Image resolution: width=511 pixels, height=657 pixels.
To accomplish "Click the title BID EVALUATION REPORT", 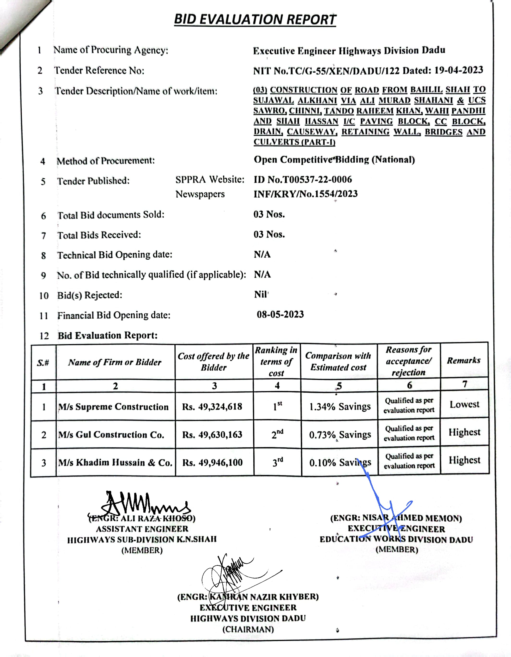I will [x=255, y=19].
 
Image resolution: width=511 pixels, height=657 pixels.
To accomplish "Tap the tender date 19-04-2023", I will [x=459, y=70].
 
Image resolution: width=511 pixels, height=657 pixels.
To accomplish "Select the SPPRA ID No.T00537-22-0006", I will [x=303, y=180].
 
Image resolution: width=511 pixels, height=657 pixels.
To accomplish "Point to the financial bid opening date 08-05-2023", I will [x=280, y=314].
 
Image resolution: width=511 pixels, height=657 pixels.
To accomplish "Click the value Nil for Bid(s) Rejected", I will [x=261, y=294].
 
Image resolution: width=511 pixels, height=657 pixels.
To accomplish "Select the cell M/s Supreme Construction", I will [x=113, y=407].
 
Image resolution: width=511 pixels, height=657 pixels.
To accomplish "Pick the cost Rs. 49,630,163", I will [x=212, y=435].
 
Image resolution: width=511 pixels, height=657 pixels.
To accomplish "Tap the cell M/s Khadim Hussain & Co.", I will [x=115, y=462].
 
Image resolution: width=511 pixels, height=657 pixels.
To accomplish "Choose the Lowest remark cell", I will [x=464, y=405].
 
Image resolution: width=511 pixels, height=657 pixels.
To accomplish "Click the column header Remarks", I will [x=463, y=360].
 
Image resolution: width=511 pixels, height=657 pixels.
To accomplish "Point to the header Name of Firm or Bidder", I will [x=115, y=362].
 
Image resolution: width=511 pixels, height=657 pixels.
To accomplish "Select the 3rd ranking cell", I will [x=277, y=462].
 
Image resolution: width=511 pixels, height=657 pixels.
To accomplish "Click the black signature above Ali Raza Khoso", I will [x=141, y=504].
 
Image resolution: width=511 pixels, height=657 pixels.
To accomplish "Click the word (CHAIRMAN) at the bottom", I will [x=248, y=629].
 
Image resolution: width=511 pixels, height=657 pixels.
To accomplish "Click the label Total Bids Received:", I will [x=99, y=235].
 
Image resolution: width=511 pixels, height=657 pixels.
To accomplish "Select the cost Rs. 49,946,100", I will [x=212, y=462].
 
